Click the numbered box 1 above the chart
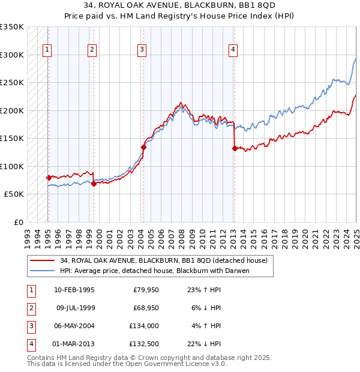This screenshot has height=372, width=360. tap(47, 50)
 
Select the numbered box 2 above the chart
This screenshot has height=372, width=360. tap(92, 50)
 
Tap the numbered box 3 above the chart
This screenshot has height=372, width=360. tap(142, 50)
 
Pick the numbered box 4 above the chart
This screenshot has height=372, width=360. tap(233, 50)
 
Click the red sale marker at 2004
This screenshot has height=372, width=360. tap(143, 146)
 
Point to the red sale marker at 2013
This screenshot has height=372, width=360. tap(234, 149)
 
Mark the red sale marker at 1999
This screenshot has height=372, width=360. tap(94, 184)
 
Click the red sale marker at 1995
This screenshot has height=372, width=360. tap(49, 178)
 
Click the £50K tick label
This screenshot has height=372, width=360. tap(13, 194)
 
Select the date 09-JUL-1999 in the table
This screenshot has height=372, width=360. tap(74, 308)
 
